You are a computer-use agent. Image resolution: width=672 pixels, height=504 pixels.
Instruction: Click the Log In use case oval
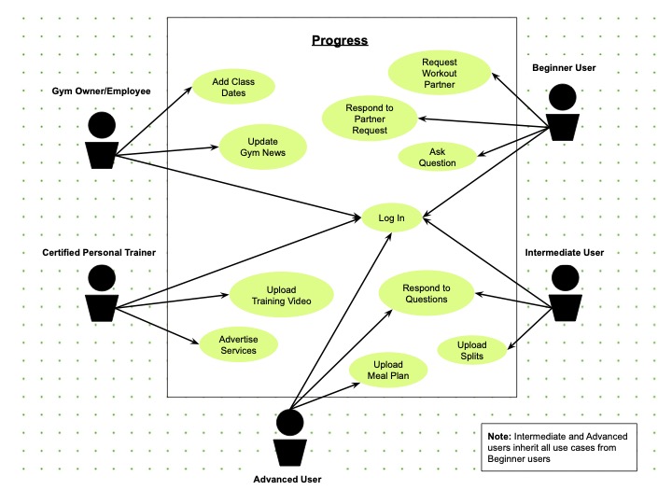[392, 218]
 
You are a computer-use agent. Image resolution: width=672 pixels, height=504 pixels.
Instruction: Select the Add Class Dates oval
[233, 88]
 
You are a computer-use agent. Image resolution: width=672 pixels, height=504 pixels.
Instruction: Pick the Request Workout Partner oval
[439, 73]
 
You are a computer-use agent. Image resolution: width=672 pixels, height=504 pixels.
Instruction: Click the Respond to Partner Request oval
[370, 119]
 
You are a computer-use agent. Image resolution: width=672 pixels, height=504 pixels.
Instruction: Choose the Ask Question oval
[437, 156]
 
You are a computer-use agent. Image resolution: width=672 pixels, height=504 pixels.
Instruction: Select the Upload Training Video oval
[281, 295]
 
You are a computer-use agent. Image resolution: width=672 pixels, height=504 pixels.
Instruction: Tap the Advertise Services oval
[238, 344]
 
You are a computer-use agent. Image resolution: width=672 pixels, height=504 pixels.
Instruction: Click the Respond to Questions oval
[426, 294]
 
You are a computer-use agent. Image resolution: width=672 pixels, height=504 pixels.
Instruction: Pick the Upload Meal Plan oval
[388, 370]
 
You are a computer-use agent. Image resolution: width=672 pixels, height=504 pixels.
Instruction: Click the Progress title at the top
[340, 40]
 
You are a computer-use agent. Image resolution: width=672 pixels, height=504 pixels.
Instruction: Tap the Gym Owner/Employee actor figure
[101, 140]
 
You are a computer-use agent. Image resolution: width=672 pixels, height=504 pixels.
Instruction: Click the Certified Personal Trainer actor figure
[101, 293]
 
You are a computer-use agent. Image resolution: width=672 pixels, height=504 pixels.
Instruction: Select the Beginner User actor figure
[563, 112]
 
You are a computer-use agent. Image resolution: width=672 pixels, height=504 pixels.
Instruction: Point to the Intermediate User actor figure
[565, 293]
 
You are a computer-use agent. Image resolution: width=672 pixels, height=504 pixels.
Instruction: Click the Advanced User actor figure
[289, 437]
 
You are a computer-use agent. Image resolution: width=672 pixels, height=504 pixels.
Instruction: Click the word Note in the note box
[500, 436]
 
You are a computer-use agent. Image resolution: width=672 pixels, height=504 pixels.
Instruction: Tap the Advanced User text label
[287, 480]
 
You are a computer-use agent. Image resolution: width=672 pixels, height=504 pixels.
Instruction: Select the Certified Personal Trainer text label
[99, 252]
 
